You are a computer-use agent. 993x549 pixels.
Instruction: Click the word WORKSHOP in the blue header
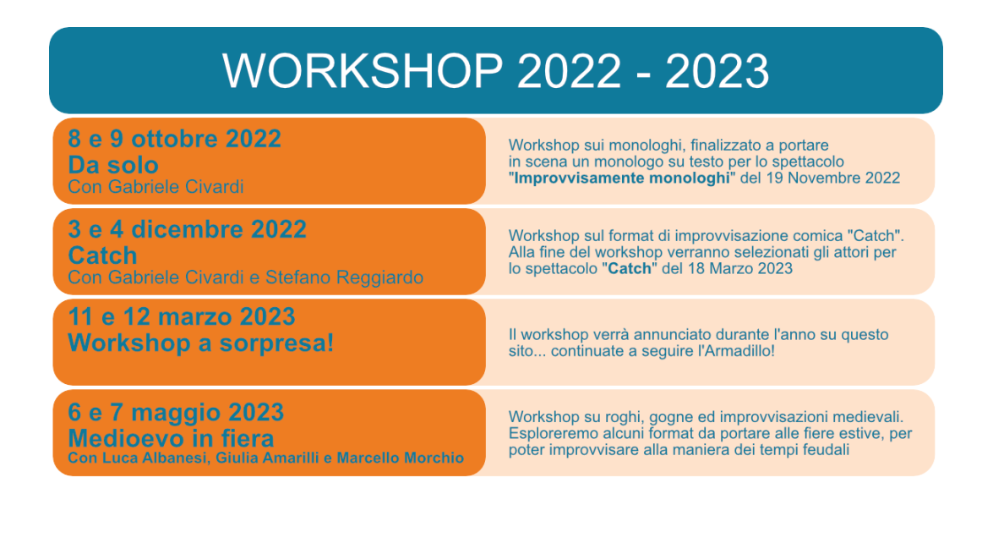[x=363, y=70]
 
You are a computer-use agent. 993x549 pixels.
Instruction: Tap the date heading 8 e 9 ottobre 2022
[x=174, y=139]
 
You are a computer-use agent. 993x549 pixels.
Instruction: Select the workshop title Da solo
[x=112, y=165]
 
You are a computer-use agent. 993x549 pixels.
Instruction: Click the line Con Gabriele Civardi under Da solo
[x=155, y=187]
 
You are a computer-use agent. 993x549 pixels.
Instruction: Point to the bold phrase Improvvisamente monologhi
[x=621, y=178]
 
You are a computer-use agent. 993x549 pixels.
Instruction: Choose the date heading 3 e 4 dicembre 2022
[x=187, y=229]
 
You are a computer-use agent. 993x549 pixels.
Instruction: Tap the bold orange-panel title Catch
[x=102, y=255]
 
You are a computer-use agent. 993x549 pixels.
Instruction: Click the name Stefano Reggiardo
[x=345, y=277]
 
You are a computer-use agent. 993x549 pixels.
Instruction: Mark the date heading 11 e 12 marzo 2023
[x=182, y=317]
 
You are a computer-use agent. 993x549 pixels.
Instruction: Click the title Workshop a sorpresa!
[x=201, y=343]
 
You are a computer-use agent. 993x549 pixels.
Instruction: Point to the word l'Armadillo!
[x=736, y=351]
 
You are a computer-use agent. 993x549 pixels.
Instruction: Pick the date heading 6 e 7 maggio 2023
[x=176, y=413]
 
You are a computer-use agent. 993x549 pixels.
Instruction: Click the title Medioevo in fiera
[x=171, y=439]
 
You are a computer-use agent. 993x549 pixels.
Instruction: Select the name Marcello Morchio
[x=401, y=458]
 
